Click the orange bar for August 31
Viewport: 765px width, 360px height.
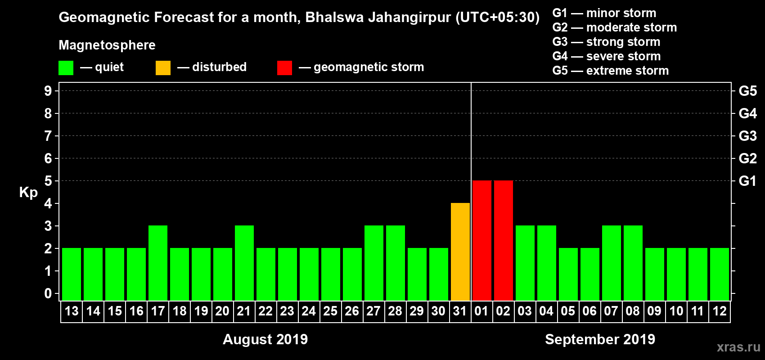click(460, 252)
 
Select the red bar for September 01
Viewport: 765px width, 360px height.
click(482, 240)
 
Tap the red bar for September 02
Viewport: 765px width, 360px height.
click(504, 240)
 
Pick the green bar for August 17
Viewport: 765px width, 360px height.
click(158, 263)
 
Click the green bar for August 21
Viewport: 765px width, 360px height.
click(244, 263)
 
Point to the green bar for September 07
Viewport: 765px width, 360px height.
click(612, 263)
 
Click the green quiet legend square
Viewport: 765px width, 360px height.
click(66, 68)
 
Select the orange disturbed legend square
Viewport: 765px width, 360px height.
click(163, 68)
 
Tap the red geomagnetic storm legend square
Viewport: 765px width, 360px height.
click(284, 68)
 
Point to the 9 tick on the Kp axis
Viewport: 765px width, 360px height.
click(48, 91)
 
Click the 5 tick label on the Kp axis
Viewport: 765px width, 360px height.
click(48, 181)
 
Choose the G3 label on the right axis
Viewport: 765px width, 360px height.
click(747, 136)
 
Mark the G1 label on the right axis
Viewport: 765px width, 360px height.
click(747, 181)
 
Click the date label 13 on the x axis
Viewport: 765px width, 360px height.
click(72, 311)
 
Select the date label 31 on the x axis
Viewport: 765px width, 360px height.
click(460, 311)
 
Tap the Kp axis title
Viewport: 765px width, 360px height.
click(28, 193)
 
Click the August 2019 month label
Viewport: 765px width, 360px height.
click(265, 339)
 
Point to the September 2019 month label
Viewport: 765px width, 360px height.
click(600, 339)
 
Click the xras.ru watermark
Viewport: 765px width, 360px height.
click(738, 346)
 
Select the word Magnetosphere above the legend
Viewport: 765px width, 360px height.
click(107, 45)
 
